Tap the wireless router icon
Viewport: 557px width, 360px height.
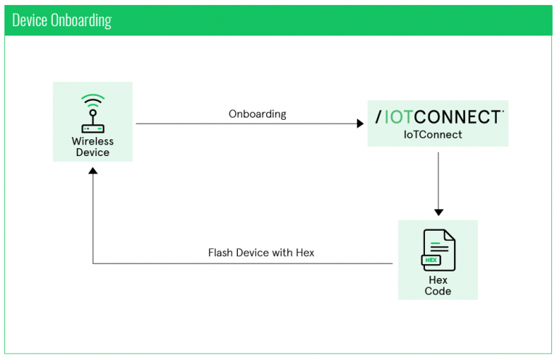click(92, 116)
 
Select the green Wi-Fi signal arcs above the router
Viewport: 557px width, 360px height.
click(92, 100)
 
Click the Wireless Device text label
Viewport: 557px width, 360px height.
click(92, 147)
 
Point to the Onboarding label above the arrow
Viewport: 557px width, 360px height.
click(257, 114)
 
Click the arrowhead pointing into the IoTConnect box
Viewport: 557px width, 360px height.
click(360, 124)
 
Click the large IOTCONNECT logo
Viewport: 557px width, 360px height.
click(438, 117)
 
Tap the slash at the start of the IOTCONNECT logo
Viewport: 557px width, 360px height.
click(379, 117)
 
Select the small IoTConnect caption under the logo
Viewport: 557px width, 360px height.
click(432, 135)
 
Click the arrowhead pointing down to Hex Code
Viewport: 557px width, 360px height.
click(438, 211)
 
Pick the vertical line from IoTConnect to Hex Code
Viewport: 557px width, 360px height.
click(438, 178)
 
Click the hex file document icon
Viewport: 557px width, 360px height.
click(438, 250)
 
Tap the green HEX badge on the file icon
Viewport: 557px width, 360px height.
click(432, 259)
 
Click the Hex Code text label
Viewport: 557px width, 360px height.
click(438, 285)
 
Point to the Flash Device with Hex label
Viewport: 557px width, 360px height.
click(261, 253)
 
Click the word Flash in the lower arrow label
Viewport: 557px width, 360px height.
click(220, 253)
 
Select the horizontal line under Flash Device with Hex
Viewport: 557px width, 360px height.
click(243, 263)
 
